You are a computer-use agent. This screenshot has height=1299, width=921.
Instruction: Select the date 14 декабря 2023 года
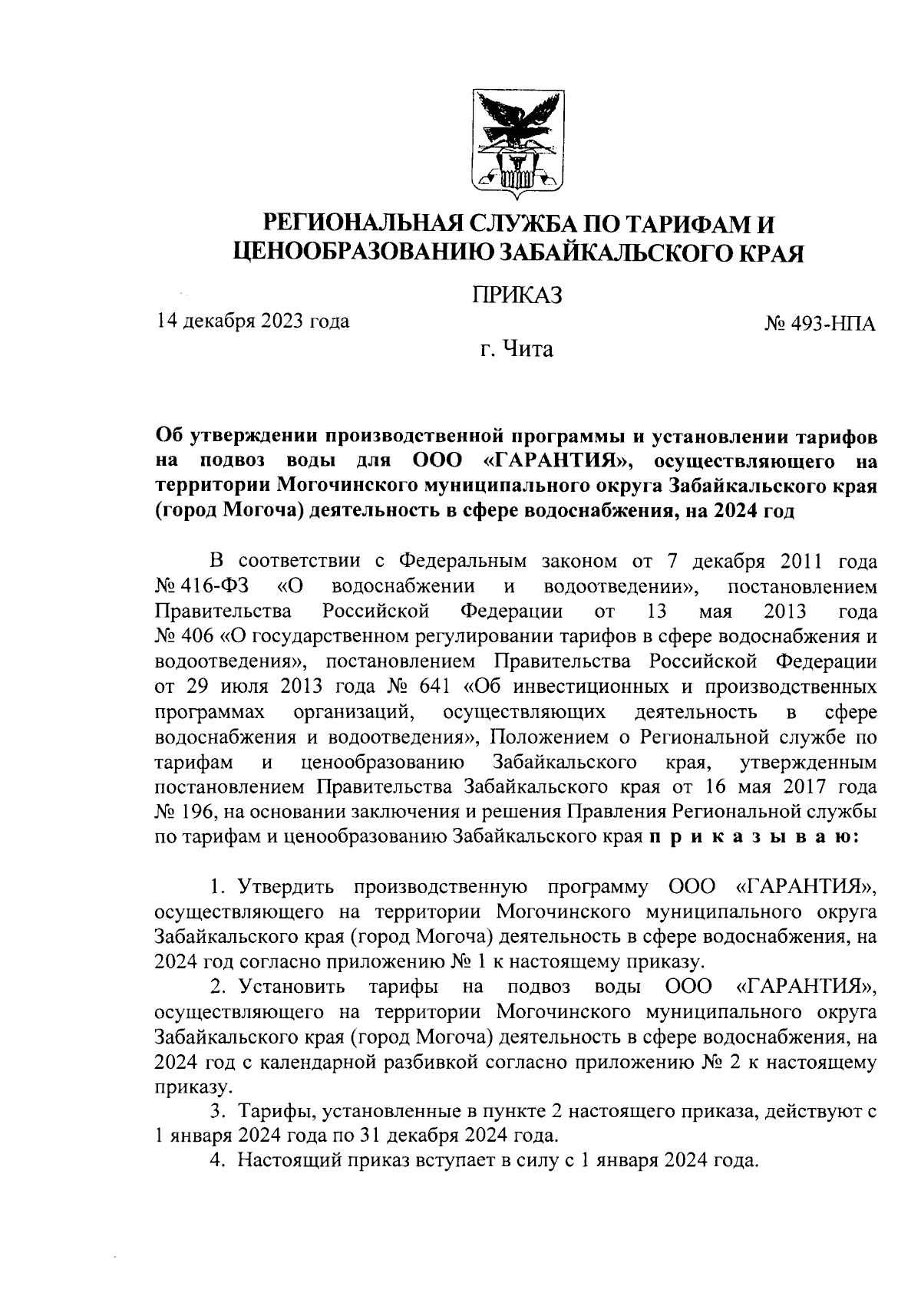tap(253, 321)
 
